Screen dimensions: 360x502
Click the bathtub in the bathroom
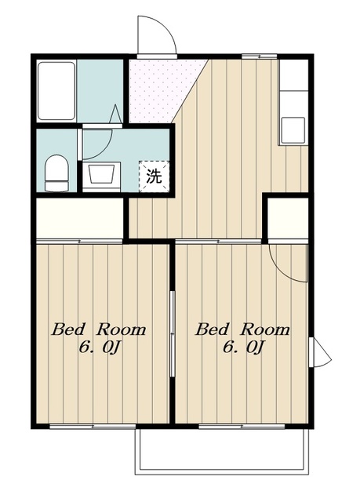tap(56, 91)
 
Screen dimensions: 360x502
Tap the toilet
tap(57, 173)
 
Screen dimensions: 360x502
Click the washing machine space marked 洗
tap(154, 176)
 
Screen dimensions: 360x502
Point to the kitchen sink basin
tap(293, 130)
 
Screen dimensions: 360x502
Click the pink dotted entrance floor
tap(163, 90)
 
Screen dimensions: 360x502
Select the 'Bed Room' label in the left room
tap(99, 329)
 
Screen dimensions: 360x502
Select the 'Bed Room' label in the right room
tap(242, 329)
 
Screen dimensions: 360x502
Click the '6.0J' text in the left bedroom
tap(99, 347)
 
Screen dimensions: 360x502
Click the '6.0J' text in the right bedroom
tap(243, 347)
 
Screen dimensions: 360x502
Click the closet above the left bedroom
tap(80, 218)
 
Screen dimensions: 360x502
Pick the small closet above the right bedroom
tap(288, 218)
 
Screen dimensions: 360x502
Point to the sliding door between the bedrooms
tap(173, 333)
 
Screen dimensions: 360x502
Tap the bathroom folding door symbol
tap(116, 113)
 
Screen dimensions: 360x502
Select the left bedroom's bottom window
tap(93, 427)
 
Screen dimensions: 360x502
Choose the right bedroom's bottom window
tap(242, 427)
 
